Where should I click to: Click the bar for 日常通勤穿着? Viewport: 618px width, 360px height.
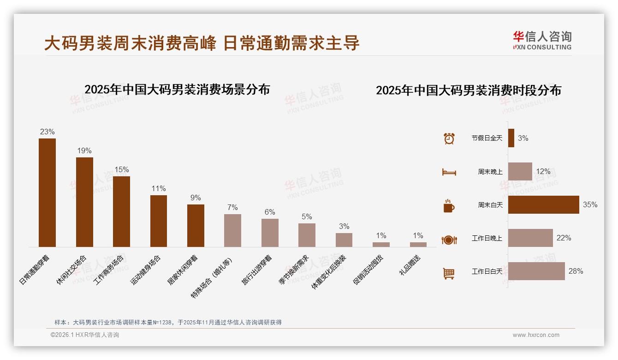coord(47,192)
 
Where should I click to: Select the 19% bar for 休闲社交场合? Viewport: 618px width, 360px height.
coord(84,202)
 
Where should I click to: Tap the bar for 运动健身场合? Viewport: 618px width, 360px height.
coord(159,221)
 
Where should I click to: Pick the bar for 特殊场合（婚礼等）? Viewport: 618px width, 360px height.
coord(232,230)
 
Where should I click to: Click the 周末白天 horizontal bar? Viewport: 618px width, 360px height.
coord(543,204)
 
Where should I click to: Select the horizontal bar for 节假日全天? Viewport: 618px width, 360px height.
coord(511,138)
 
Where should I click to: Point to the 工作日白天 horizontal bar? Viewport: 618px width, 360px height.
coord(536,271)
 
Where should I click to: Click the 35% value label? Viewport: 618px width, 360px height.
coord(590,204)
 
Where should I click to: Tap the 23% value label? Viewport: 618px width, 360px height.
coord(47,132)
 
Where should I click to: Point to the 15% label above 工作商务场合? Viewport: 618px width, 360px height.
coord(121,169)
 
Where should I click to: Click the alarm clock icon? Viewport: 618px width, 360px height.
coord(449,138)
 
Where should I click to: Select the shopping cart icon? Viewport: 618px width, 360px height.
coord(449,273)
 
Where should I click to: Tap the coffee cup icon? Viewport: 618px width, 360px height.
coord(449,206)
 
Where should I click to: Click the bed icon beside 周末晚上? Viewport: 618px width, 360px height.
coord(449,172)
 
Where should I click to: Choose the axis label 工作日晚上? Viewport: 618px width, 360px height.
coord(487,238)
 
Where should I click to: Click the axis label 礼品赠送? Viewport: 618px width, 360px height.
coord(410,265)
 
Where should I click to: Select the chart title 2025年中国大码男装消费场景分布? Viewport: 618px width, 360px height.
coord(177,90)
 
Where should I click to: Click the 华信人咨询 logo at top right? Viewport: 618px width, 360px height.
coord(542,40)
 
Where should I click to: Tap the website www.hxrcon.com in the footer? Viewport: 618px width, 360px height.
coord(536,335)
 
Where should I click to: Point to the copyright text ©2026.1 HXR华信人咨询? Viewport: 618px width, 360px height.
coord(85,335)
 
